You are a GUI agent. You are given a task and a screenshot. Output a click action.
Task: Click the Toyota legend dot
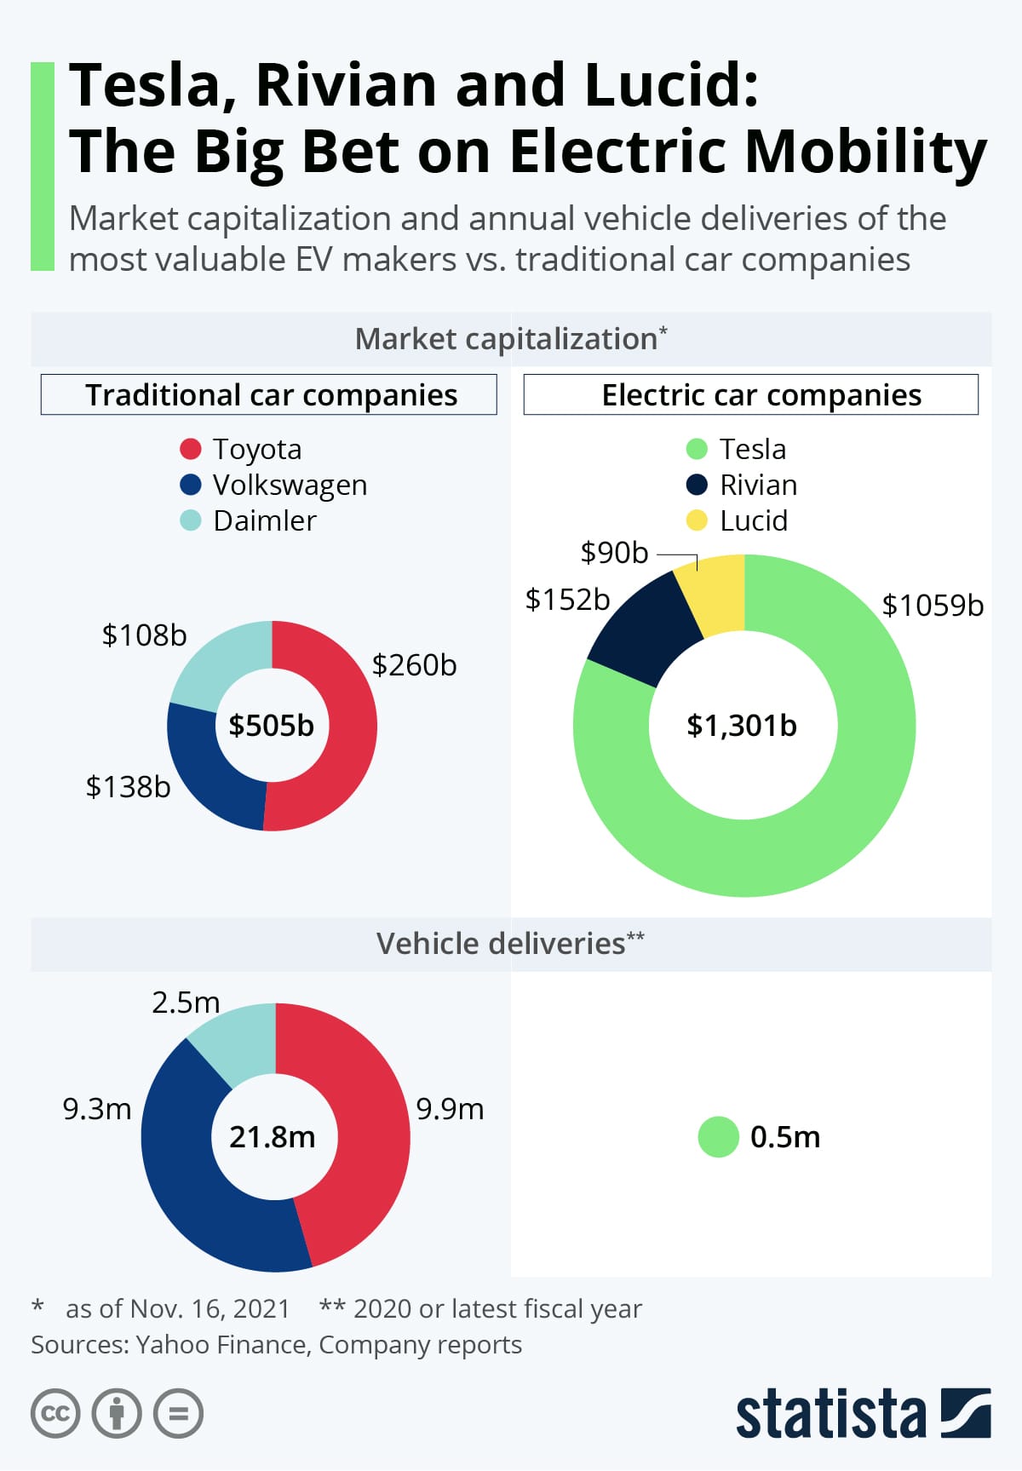click(x=190, y=449)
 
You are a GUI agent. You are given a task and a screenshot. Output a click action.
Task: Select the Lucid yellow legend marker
click(x=697, y=520)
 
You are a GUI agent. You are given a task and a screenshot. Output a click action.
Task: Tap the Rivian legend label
click(x=758, y=485)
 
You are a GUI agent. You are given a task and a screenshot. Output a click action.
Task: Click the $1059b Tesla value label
click(x=933, y=606)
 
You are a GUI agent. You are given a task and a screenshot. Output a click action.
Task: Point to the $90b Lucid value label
click(x=614, y=553)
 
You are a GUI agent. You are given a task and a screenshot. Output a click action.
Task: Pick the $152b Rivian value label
click(x=567, y=600)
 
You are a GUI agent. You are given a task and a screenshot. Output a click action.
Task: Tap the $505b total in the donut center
click(x=271, y=726)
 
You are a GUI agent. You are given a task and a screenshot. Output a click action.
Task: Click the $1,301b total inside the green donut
click(x=742, y=726)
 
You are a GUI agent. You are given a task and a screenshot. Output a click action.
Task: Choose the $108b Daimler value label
click(x=144, y=635)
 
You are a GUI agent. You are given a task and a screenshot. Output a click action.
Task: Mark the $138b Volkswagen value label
click(x=128, y=787)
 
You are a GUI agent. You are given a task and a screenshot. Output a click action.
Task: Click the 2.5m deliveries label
click(x=186, y=1003)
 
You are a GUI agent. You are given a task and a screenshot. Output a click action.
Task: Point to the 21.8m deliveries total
click(x=273, y=1137)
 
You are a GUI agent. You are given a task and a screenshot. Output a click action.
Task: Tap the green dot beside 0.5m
click(x=718, y=1137)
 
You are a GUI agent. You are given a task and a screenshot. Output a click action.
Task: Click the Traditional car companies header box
click(x=269, y=395)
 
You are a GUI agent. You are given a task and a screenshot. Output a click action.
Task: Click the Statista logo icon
click(x=966, y=1413)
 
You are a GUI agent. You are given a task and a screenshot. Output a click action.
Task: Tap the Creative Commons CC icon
click(x=55, y=1414)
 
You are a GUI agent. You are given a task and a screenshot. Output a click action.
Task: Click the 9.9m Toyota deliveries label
click(x=450, y=1109)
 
